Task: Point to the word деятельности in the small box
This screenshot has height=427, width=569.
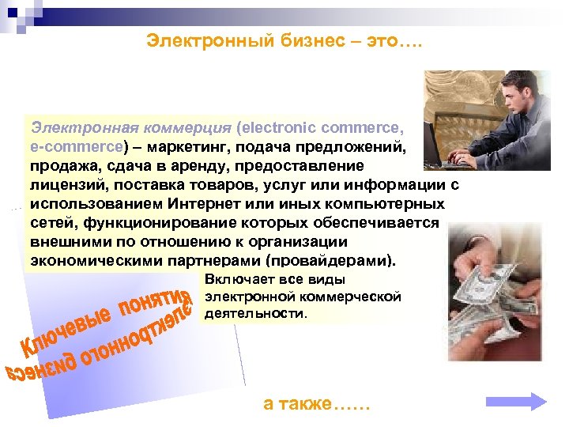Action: click(254, 313)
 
